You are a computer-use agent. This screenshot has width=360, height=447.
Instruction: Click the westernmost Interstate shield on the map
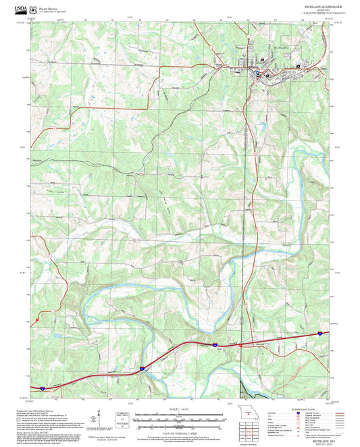pos(42,388)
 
